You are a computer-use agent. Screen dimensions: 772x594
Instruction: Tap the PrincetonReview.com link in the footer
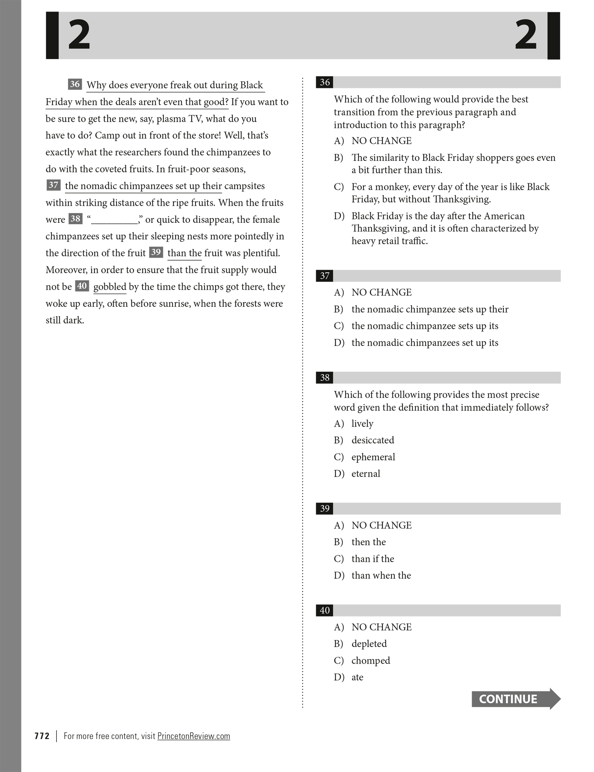tap(193, 736)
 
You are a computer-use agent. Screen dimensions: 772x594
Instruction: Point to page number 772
tap(42, 736)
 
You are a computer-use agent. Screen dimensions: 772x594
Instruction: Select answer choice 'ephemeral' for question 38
tap(373, 457)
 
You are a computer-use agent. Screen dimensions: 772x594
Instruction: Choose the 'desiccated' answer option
tap(372, 440)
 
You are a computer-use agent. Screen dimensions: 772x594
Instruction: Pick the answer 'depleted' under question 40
tap(369, 644)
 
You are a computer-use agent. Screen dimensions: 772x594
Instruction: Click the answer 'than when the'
tap(381, 575)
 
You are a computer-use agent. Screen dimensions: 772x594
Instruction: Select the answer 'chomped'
tap(371, 660)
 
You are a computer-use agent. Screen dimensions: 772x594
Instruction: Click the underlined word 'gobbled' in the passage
tap(110, 287)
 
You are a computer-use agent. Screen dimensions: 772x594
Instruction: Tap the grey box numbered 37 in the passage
tap(53, 185)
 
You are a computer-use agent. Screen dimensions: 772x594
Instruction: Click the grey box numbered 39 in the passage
tap(156, 252)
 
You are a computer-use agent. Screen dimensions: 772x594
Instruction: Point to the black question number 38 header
tap(325, 377)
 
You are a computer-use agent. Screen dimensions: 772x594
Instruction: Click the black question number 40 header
tap(325, 610)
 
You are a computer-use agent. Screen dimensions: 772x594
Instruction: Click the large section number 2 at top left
tap(79, 35)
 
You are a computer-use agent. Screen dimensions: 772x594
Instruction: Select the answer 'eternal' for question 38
tap(365, 473)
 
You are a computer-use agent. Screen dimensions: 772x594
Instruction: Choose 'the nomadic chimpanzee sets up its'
tap(424, 326)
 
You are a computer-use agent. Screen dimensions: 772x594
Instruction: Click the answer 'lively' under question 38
tap(362, 423)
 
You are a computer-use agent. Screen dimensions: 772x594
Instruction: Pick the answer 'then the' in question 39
tap(368, 542)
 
